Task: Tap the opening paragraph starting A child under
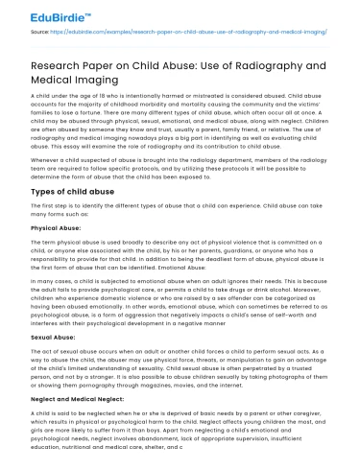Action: [178, 129]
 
